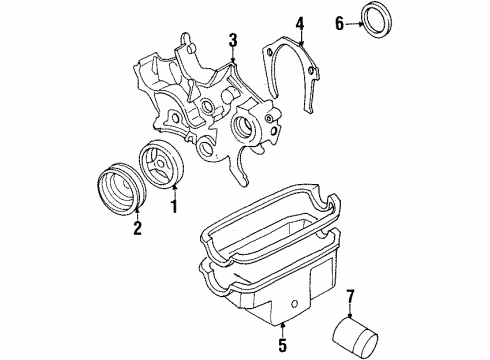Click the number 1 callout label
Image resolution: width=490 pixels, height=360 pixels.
[173, 209]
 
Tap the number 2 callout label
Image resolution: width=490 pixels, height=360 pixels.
[137, 227]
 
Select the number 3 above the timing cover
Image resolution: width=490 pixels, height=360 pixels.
[232, 40]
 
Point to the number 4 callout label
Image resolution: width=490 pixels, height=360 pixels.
[299, 23]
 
